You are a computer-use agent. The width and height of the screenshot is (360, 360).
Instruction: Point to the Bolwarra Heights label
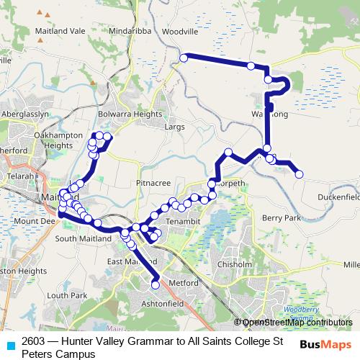click(130, 114)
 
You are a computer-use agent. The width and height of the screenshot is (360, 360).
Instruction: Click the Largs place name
click(175, 127)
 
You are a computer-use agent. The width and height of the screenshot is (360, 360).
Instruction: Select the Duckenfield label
click(338, 196)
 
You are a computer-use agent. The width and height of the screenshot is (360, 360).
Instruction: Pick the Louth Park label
click(67, 295)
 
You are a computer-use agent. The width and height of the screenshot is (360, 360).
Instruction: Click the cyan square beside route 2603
click(10, 345)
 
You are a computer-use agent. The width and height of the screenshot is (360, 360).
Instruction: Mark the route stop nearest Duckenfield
click(299, 174)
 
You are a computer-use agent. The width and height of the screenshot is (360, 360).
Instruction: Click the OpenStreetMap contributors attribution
click(297, 322)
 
